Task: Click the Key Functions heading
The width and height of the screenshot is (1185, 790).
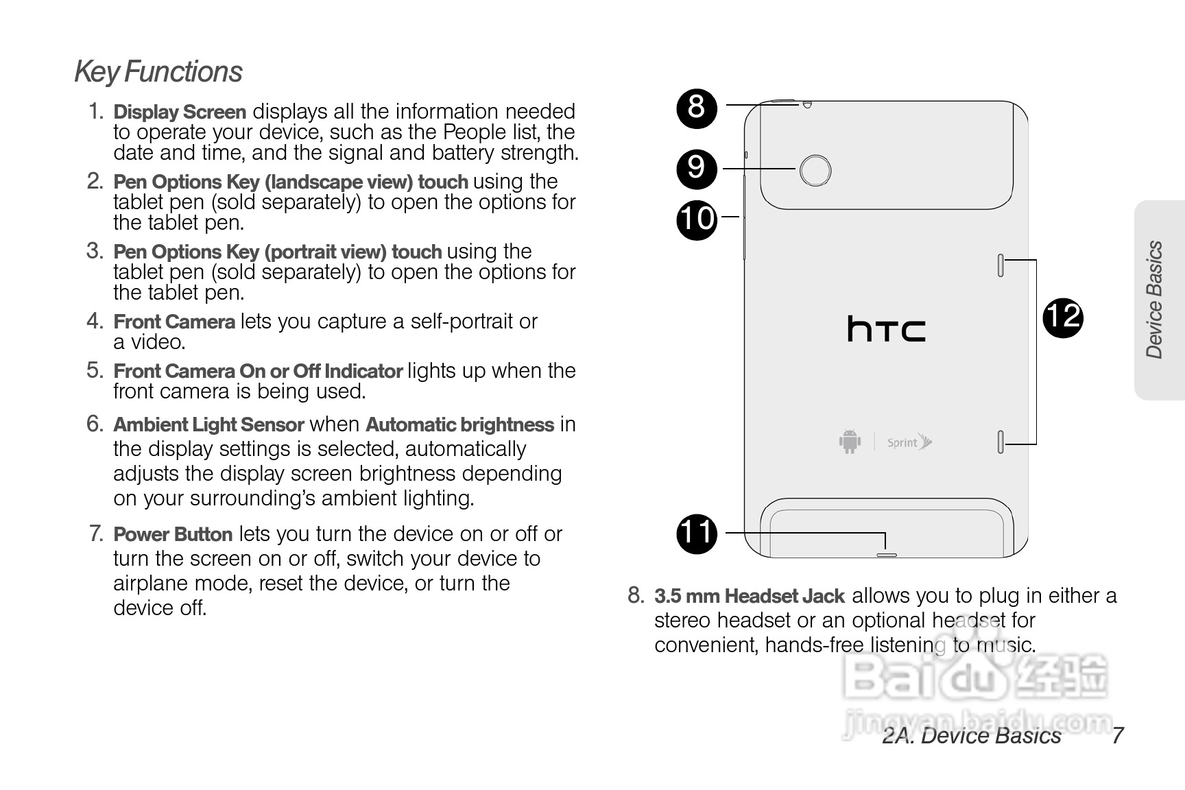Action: pyautogui.click(x=158, y=72)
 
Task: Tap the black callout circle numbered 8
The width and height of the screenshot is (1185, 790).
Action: pyautogui.click(x=696, y=108)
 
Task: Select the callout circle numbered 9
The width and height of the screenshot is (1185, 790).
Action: pyautogui.click(x=696, y=168)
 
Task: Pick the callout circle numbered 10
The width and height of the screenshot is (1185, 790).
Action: pyautogui.click(x=696, y=219)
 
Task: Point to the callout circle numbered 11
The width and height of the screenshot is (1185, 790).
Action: pyautogui.click(x=696, y=533)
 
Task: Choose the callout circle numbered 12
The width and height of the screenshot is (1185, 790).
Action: pyautogui.click(x=1062, y=318)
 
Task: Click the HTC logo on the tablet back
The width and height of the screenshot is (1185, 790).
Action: pyautogui.click(x=886, y=329)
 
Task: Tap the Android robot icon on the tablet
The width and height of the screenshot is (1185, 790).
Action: pyautogui.click(x=850, y=441)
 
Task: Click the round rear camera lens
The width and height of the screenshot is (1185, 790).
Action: pyautogui.click(x=815, y=170)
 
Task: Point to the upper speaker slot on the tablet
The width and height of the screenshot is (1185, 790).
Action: pyautogui.click(x=1001, y=265)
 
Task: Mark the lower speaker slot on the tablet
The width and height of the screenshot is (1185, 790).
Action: pyautogui.click(x=1001, y=442)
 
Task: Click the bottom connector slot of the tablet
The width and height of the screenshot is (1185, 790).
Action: pyautogui.click(x=886, y=554)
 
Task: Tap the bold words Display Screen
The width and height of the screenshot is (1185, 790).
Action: pyautogui.click(x=180, y=112)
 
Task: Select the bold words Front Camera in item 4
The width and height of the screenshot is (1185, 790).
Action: pyautogui.click(x=174, y=322)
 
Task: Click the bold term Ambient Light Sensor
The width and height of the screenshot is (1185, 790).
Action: pyautogui.click(x=208, y=425)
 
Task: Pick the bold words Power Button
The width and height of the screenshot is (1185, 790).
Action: pyautogui.click(x=173, y=534)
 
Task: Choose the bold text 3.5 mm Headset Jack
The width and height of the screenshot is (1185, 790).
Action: pyautogui.click(x=750, y=596)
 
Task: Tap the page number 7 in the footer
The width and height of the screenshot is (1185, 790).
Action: pyautogui.click(x=1117, y=736)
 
